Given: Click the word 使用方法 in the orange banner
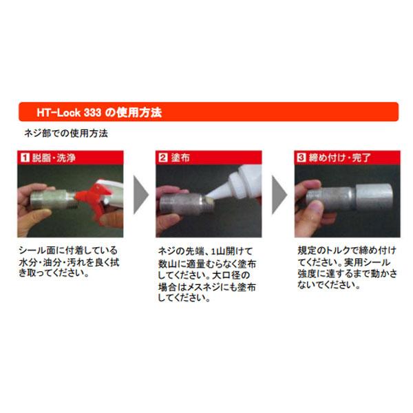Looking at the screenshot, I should click(140, 112).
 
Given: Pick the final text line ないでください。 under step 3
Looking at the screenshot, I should click(328, 284).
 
